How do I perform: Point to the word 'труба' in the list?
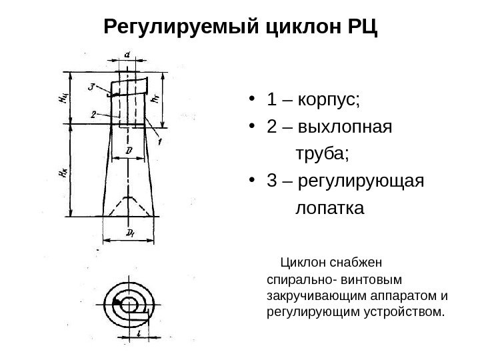(321, 154)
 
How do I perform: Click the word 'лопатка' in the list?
(329, 207)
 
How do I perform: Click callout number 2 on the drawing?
(95, 114)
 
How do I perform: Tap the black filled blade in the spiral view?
(117, 304)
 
